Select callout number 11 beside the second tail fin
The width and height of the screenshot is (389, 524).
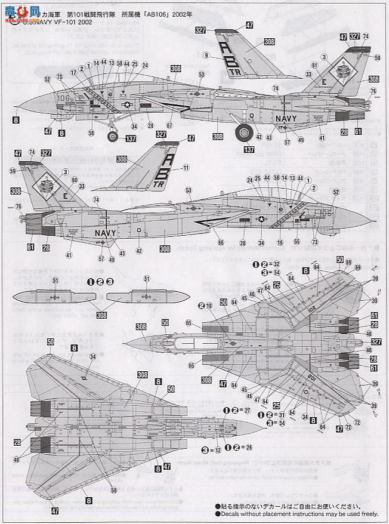coord(186,168)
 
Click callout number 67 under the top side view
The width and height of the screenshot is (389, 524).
coord(170,127)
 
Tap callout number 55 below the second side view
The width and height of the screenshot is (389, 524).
coord(297,242)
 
